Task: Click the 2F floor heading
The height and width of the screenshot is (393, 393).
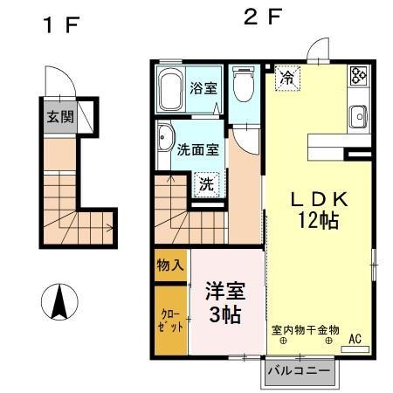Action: tap(262, 17)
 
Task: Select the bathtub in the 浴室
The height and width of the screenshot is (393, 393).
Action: tap(171, 89)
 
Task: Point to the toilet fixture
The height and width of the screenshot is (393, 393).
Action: tap(245, 87)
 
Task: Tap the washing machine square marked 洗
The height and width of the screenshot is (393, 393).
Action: tap(206, 183)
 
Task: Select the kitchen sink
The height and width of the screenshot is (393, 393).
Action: tap(357, 117)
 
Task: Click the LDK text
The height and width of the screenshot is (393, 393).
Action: tap(319, 198)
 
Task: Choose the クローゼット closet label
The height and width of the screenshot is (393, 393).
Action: tap(170, 319)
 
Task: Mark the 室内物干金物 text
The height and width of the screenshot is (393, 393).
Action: tap(304, 329)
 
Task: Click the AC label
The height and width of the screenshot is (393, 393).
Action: tap(355, 338)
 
